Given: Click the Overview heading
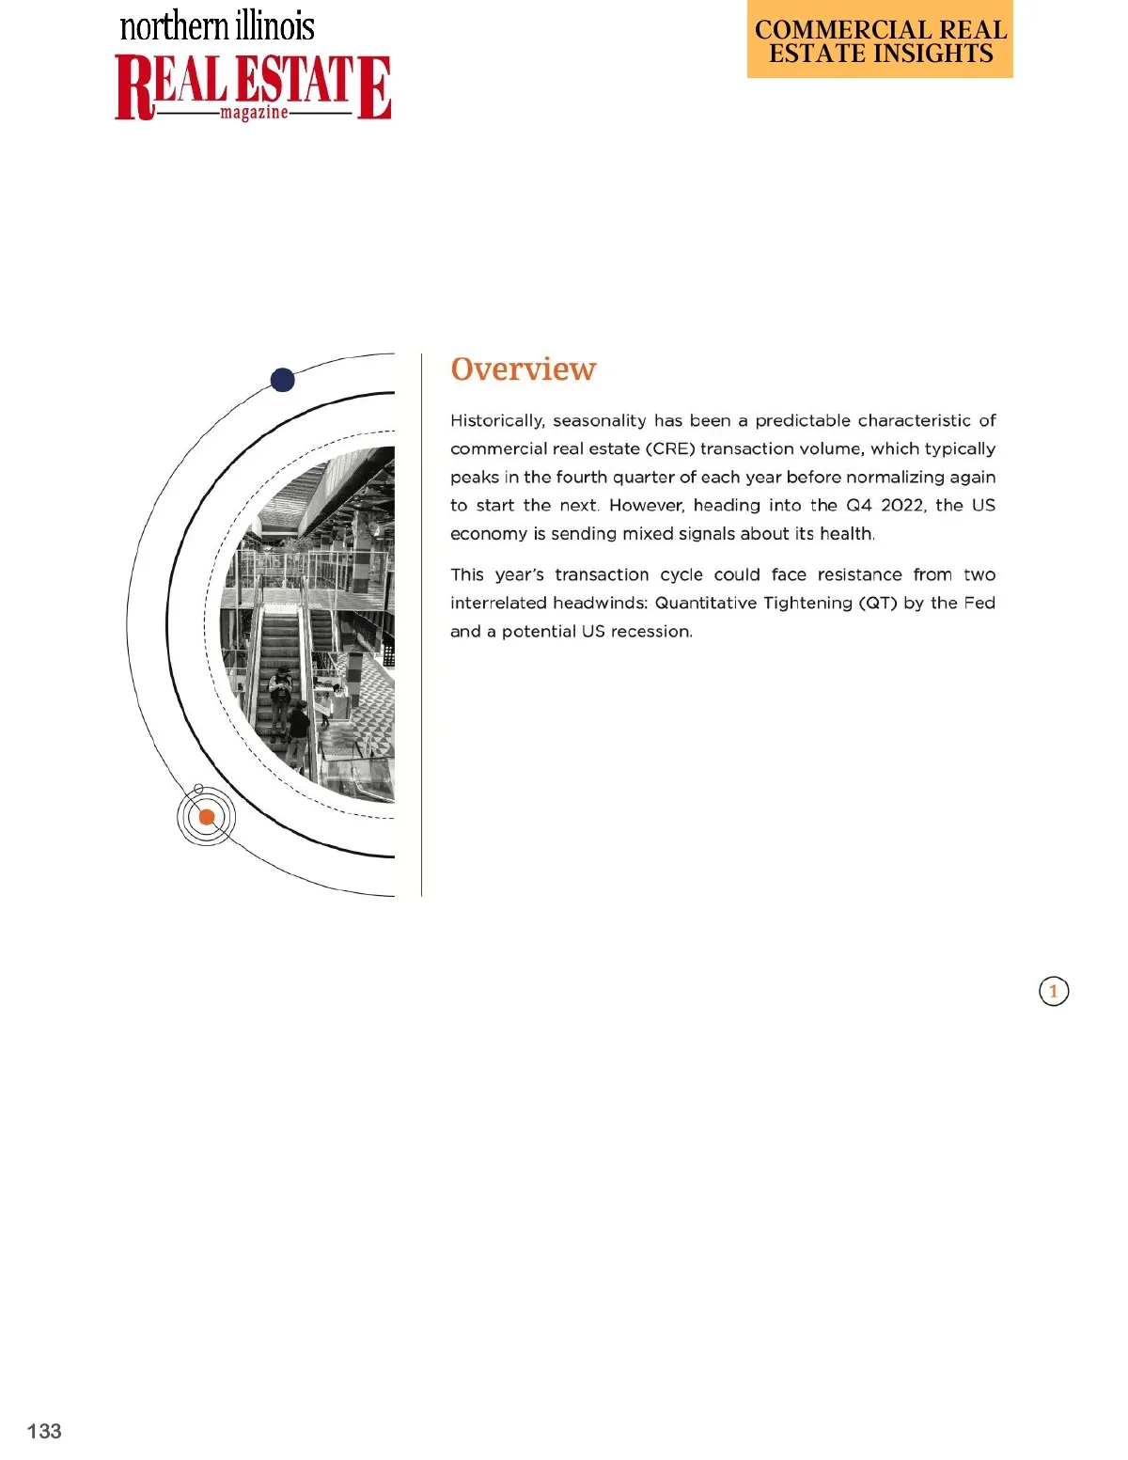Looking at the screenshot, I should pyautogui.click(x=523, y=369).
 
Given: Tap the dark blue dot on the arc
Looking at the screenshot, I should pyautogui.click(x=282, y=380).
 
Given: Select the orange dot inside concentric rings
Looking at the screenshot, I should pyautogui.click(x=207, y=817).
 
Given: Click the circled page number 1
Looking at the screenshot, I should pyautogui.click(x=1054, y=991).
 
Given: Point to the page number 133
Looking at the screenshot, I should pyautogui.click(x=44, y=1431).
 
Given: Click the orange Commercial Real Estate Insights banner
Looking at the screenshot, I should pyautogui.click(x=880, y=40).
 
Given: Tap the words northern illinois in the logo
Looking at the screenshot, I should pyautogui.click(x=217, y=26).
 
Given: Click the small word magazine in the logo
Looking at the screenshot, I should pyautogui.click(x=254, y=113).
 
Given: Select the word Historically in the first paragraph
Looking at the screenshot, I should pyautogui.click(x=496, y=420).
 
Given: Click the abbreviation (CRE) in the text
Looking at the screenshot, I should pyautogui.click(x=670, y=448).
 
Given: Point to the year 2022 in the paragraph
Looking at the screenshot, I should pyautogui.click(x=902, y=505).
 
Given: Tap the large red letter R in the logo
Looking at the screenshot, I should pyautogui.click(x=134, y=87).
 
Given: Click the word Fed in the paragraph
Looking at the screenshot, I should pyautogui.click(x=979, y=603).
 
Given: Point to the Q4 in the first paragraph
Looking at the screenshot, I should pyautogui.click(x=859, y=505).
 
